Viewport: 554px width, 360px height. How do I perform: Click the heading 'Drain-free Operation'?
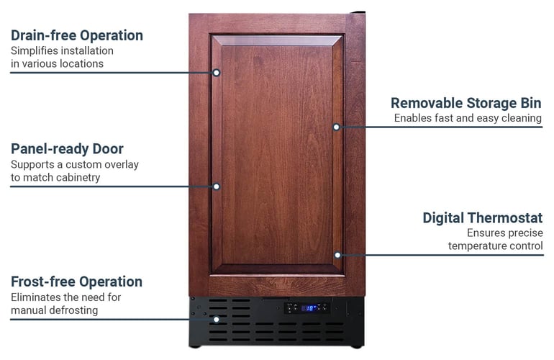[76, 35]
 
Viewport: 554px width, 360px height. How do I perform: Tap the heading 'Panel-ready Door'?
[67, 149]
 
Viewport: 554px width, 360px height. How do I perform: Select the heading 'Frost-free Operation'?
[76, 282]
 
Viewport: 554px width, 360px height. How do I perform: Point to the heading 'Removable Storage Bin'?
[466, 103]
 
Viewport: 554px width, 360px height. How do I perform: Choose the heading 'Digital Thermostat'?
[482, 217]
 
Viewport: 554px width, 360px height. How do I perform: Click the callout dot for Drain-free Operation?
[216, 72]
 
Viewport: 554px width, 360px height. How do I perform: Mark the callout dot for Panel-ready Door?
[216, 186]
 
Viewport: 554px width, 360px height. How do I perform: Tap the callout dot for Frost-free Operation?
[216, 319]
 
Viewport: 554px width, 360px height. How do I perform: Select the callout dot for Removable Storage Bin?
[336, 127]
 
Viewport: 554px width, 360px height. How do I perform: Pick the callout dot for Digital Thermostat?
[336, 254]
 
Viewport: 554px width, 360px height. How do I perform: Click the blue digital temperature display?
[310, 307]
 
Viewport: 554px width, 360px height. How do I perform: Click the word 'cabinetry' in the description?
[76, 177]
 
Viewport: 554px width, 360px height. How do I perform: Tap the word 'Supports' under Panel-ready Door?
[33, 164]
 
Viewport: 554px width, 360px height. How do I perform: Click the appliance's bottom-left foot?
[195, 346]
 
